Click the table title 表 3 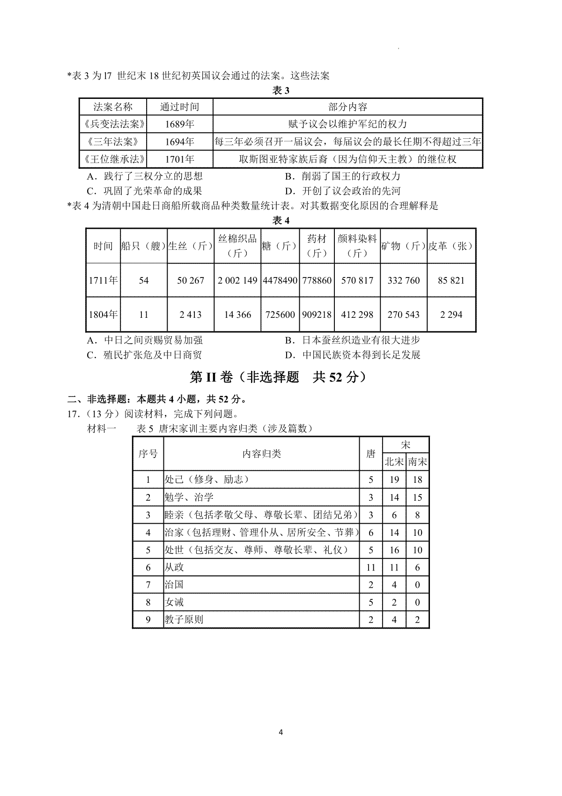tap(281, 91)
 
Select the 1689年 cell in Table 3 tap(179, 124)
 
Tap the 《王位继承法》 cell tap(113, 159)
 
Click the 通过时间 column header tap(179, 107)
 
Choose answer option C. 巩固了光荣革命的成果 tap(145, 191)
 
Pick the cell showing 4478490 tap(280, 280)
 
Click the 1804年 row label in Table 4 tap(103, 315)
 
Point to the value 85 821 tap(451, 280)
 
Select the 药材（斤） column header tap(317, 246)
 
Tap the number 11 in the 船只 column tap(143, 315)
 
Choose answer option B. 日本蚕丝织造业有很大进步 tap(352, 340)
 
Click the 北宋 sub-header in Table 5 tap(394, 462)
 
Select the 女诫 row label tap(174, 602)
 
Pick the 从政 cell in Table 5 tap(174, 567)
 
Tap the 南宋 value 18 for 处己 tap(417, 480)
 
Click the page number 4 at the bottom tap(281, 732)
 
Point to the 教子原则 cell tap(184, 619)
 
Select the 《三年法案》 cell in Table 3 tap(113, 142)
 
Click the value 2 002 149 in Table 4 tap(237, 280)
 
